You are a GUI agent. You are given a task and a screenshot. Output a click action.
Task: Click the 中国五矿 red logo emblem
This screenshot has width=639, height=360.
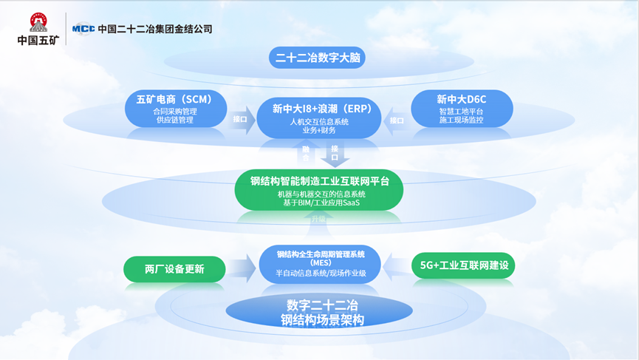(x=38, y=22)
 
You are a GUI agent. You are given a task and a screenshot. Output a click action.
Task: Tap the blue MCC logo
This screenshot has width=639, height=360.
(x=83, y=29)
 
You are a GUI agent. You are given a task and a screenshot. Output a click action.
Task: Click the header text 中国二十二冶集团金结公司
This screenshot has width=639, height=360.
(x=155, y=29)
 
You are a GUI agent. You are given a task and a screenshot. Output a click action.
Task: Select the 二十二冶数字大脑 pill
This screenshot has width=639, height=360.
(x=316, y=58)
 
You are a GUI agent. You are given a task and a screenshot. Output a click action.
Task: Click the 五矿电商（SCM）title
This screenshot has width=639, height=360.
(x=175, y=99)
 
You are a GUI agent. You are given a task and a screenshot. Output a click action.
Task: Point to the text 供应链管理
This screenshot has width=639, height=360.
(x=175, y=120)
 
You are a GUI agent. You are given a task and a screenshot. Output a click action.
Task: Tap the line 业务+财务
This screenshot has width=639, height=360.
(x=319, y=131)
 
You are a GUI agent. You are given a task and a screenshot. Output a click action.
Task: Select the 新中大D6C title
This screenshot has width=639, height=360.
(x=461, y=99)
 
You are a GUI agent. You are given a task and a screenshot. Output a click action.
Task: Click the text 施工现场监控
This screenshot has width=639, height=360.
(x=461, y=120)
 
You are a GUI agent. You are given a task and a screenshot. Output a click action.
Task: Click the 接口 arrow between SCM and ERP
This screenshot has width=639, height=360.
(x=241, y=120)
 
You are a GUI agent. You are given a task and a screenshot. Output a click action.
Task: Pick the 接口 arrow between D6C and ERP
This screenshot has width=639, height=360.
(x=397, y=120)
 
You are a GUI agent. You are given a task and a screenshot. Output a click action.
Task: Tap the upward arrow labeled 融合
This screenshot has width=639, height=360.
(x=306, y=153)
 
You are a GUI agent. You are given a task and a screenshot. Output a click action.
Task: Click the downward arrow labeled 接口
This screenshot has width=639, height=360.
(x=335, y=153)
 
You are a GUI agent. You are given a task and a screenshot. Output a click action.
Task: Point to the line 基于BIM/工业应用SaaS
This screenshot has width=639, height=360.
(x=319, y=203)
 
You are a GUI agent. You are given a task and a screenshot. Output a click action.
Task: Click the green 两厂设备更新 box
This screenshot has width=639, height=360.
(x=174, y=269)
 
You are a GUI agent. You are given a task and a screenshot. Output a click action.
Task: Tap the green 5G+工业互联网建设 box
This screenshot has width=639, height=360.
(x=464, y=265)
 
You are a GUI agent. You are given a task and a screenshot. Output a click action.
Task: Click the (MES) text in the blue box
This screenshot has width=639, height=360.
(x=321, y=262)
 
